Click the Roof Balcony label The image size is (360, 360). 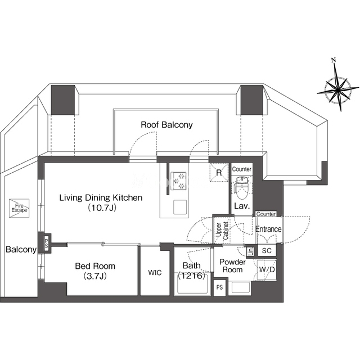click(x=166, y=125)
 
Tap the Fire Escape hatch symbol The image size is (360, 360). click(x=19, y=208)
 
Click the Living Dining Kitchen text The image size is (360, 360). click(x=101, y=197)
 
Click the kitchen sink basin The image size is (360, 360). click(x=180, y=206)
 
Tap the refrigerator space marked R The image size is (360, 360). click(x=219, y=172)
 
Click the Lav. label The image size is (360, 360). click(x=242, y=206)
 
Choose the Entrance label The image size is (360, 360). click(x=268, y=229)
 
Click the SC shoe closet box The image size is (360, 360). click(x=267, y=250)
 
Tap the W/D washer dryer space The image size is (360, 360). click(x=267, y=269)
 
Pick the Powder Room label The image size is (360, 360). click(x=232, y=265)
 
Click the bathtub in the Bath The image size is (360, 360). click(x=192, y=283)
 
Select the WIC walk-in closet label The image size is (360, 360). click(x=155, y=273)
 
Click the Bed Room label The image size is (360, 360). click(x=95, y=266)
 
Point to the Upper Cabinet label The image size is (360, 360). click(x=222, y=231)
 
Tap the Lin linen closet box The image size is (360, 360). click(x=250, y=251)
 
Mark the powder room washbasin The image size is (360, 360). click(x=240, y=287)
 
